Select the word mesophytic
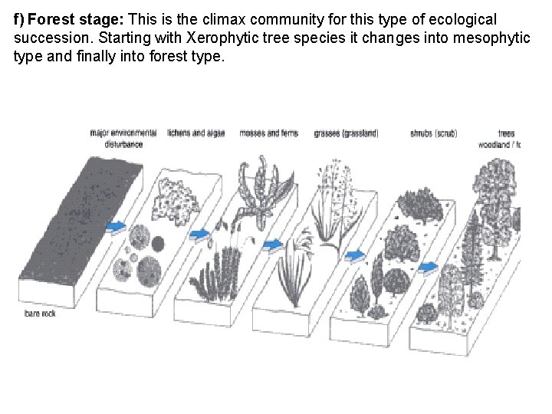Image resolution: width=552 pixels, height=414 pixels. tap(491, 38)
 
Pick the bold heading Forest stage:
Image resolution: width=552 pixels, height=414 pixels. tap(67, 19)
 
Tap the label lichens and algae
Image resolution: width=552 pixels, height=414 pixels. tap(195, 133)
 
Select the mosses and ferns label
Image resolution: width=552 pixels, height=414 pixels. tap(268, 133)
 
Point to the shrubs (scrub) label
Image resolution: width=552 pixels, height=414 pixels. tap(433, 133)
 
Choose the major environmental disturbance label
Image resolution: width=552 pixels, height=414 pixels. tap(123, 137)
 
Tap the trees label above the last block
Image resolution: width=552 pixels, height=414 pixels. tap(506, 133)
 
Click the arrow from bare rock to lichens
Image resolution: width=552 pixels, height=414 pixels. tap(117, 226)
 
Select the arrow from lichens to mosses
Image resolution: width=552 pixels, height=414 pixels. tap(199, 234)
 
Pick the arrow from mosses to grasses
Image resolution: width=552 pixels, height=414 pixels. tap(272, 245)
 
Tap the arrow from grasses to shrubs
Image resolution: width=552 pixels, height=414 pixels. tap(354, 255)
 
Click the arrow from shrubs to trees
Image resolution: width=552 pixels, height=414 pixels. tap(428, 268)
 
